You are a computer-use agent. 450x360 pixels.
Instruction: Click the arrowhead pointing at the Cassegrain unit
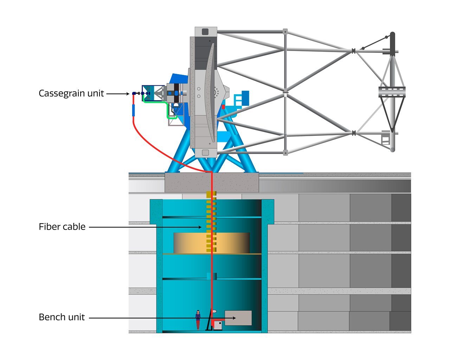click(128, 94)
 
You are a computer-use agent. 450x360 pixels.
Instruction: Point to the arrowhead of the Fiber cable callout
click(200, 227)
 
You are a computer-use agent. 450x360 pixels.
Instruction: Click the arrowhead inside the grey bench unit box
click(234, 318)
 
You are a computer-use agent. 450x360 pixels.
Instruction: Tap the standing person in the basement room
click(198, 320)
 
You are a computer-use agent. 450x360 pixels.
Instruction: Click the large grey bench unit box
click(238, 318)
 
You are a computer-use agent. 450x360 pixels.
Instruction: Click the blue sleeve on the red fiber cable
click(133, 110)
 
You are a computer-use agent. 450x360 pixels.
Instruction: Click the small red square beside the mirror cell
click(223, 107)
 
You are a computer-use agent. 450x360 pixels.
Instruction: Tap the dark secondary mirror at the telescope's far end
click(392, 44)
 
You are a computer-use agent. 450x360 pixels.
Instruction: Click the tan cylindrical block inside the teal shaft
click(211, 243)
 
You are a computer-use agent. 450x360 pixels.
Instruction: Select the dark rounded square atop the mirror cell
click(205, 32)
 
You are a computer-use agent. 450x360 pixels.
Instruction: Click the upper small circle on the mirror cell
click(199, 89)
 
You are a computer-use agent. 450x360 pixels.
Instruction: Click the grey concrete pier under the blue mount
click(212, 182)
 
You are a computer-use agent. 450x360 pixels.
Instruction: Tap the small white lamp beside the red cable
click(214, 311)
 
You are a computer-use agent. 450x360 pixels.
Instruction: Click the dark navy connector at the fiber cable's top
click(134, 94)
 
